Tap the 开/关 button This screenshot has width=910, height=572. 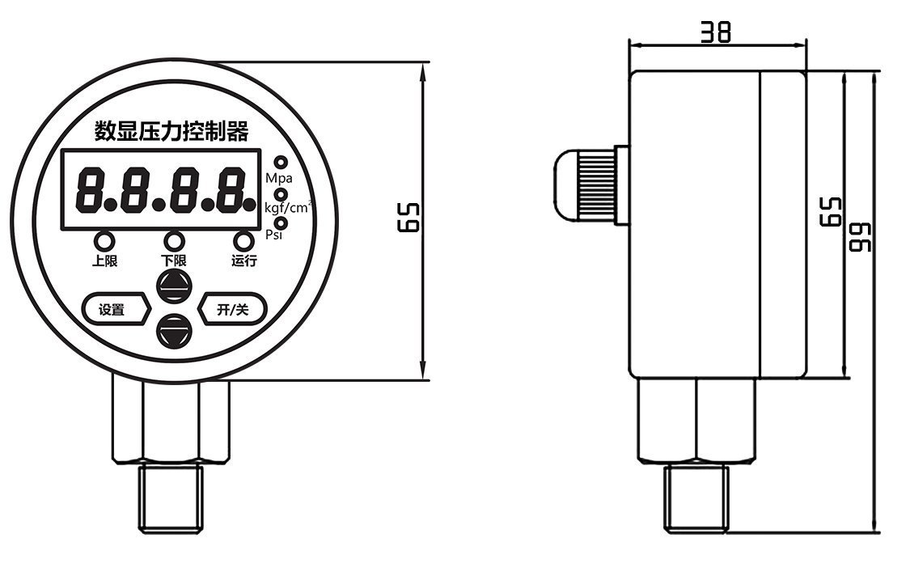tap(232, 309)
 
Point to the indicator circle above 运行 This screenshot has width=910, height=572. tap(243, 240)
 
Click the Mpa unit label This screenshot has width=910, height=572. tap(279, 177)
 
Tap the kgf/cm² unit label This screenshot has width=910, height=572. tap(289, 209)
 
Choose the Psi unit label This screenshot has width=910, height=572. tap(275, 235)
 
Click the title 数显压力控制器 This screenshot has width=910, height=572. tap(171, 131)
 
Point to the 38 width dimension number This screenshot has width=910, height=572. tap(716, 32)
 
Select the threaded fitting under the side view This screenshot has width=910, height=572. tap(696, 498)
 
